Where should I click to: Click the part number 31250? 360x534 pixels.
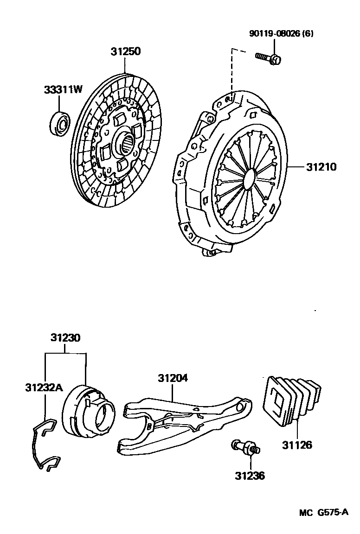point(125,51)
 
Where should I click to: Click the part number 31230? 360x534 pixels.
point(65,338)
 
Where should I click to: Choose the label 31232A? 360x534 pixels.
point(44,387)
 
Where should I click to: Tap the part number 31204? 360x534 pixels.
point(173,378)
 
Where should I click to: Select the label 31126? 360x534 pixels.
point(297,445)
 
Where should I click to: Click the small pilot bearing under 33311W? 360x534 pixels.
point(59,121)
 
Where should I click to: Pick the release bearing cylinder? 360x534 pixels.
point(90,412)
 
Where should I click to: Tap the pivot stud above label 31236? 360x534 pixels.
point(246,446)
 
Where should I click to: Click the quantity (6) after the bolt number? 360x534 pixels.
point(307,34)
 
